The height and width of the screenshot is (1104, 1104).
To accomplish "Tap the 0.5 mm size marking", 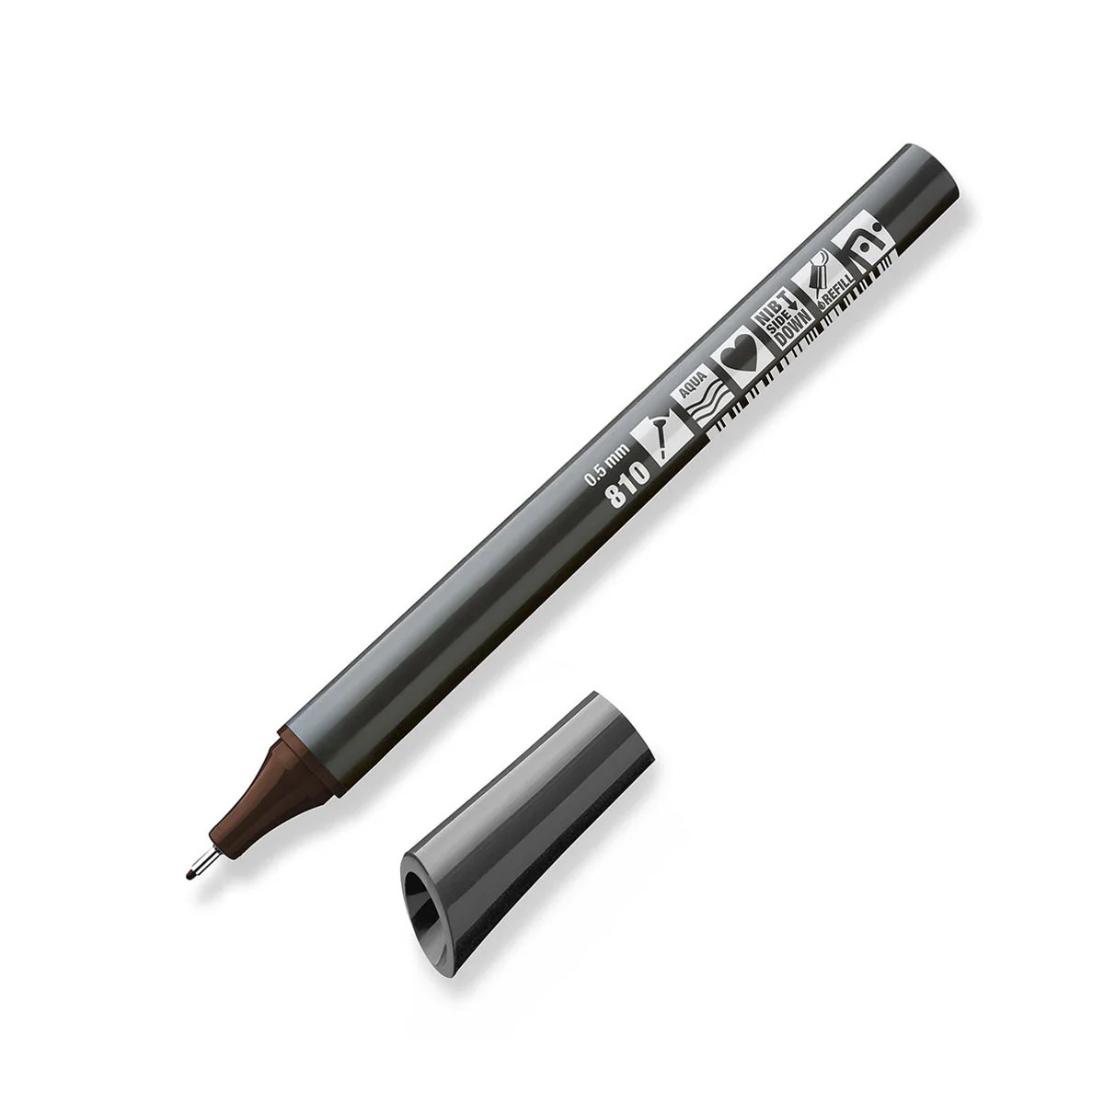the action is (x=606, y=465).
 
